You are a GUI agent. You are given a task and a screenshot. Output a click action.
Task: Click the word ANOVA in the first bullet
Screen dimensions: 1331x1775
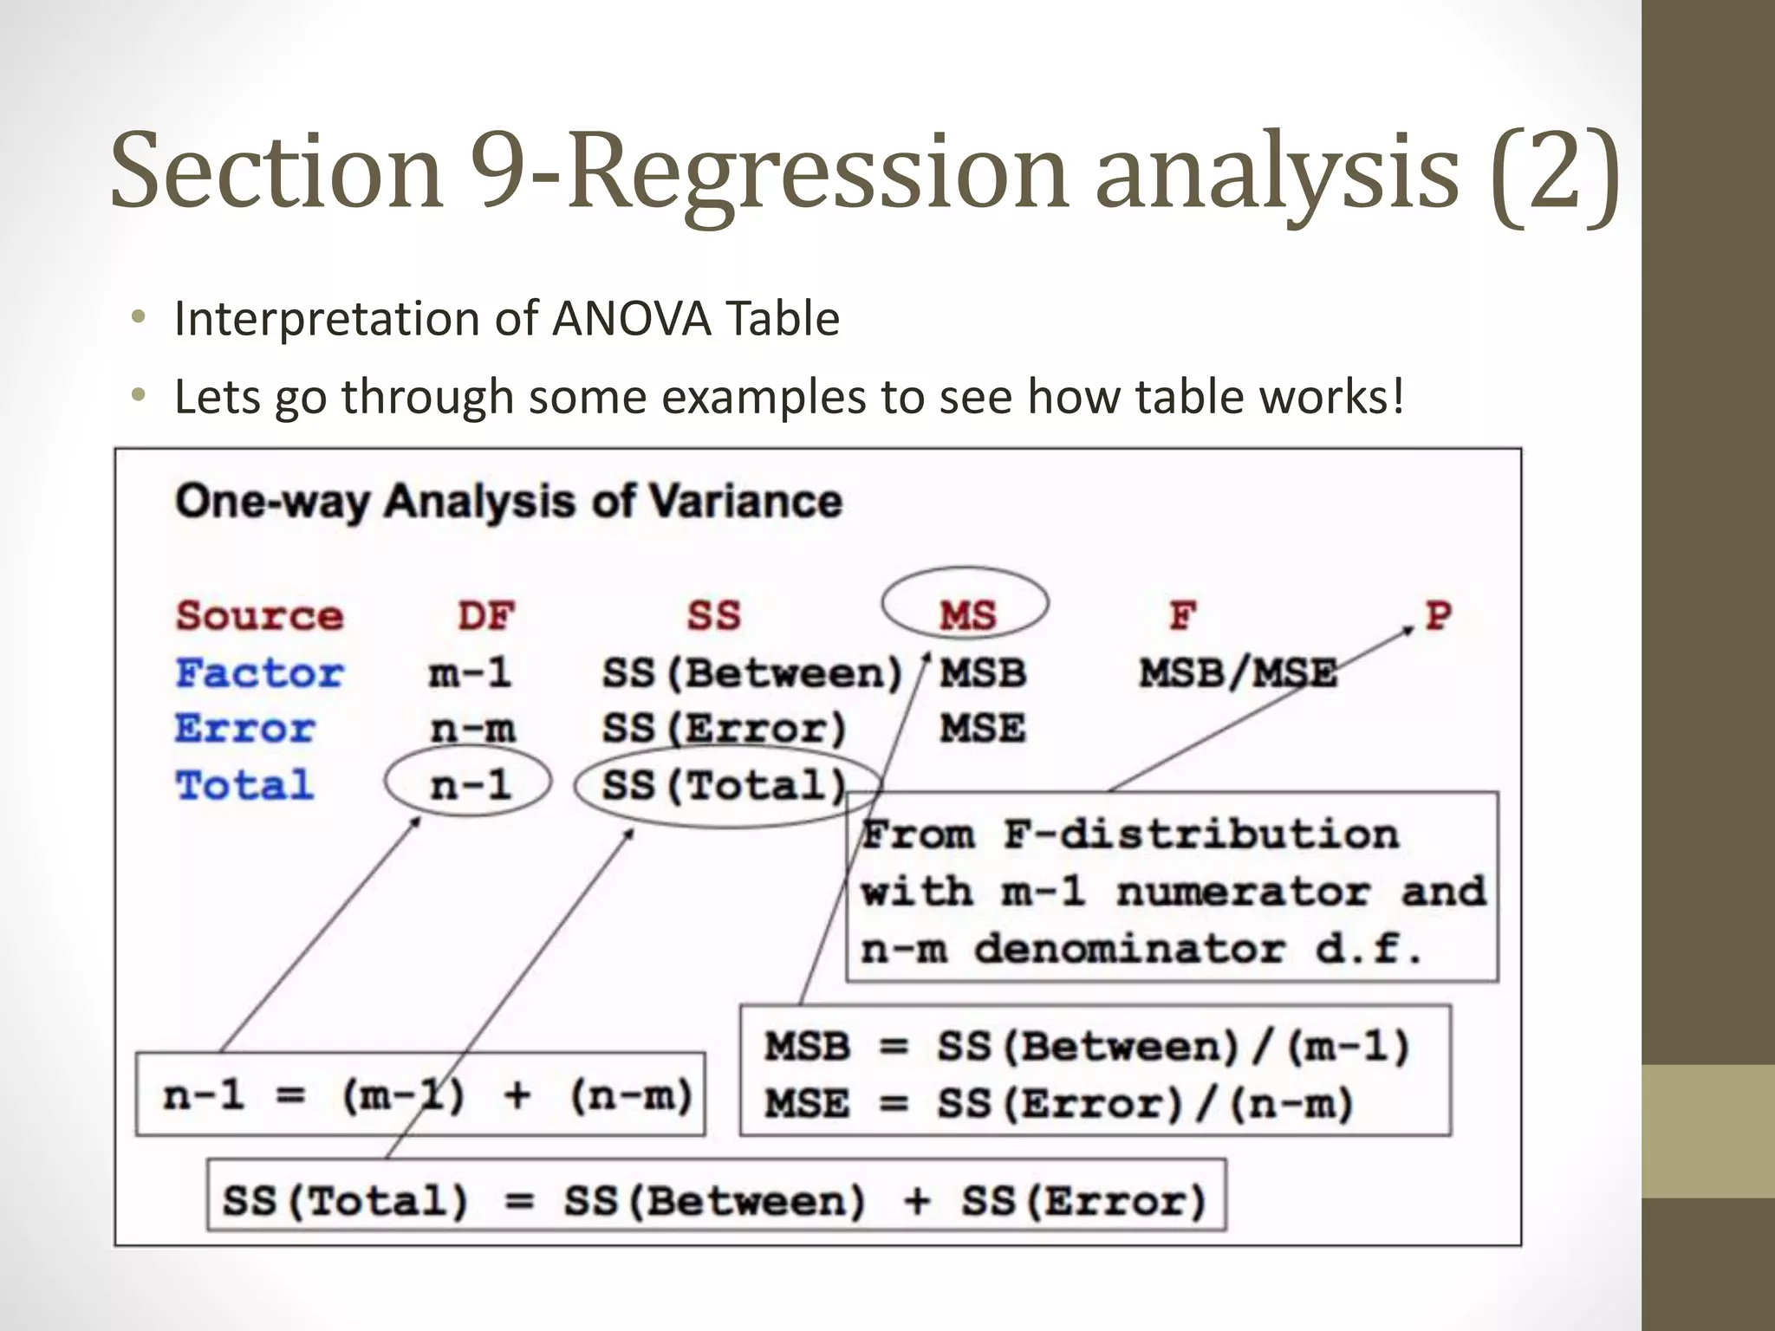click(x=632, y=319)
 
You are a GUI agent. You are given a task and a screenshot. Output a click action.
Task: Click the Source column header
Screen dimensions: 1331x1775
click(x=260, y=616)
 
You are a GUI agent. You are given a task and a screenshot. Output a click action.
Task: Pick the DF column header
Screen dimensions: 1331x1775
click(x=485, y=616)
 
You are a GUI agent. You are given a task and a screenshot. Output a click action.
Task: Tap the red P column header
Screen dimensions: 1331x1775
click(x=1439, y=615)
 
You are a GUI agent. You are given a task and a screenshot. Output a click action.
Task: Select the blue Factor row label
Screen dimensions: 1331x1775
click(x=260, y=673)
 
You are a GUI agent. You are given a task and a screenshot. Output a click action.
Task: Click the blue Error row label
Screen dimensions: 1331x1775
click(x=245, y=729)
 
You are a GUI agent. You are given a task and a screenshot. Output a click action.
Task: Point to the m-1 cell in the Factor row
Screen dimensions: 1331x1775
click(x=470, y=673)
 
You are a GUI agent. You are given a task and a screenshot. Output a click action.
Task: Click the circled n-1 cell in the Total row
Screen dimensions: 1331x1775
click(x=470, y=785)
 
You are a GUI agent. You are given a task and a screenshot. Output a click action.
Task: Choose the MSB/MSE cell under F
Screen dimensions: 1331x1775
click(x=1238, y=673)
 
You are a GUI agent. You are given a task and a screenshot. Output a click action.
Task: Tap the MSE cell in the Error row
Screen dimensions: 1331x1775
click(x=983, y=729)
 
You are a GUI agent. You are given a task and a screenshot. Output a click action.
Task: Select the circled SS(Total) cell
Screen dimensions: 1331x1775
click(x=724, y=786)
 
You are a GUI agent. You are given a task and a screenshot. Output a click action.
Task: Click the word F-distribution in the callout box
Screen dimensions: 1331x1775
click(x=1201, y=834)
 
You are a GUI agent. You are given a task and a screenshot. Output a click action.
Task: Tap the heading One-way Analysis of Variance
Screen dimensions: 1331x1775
click(x=509, y=502)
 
